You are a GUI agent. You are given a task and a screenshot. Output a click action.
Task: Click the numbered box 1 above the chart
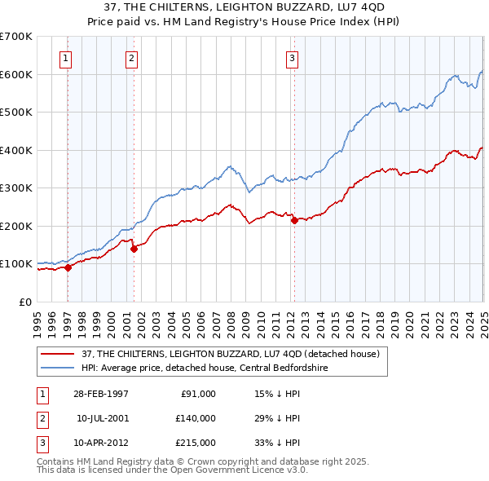(64, 57)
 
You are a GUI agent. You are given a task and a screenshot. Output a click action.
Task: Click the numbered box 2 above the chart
(131, 57)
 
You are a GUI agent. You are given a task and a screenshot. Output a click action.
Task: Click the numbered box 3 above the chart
(292, 57)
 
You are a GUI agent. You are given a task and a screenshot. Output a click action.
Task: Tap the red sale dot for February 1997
(68, 267)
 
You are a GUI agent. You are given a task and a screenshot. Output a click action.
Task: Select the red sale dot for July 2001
(134, 249)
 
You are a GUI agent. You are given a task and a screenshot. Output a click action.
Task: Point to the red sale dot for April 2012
(294, 221)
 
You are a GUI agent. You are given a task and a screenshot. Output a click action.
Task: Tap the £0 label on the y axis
(25, 302)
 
